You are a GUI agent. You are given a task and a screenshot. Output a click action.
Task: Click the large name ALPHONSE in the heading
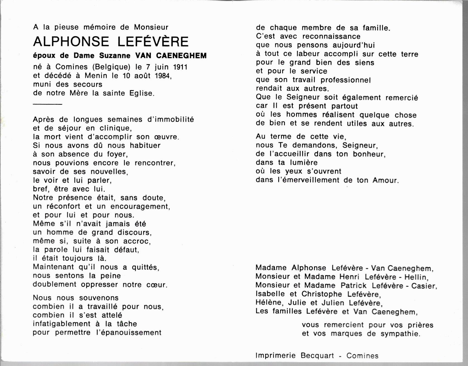(x=71, y=42)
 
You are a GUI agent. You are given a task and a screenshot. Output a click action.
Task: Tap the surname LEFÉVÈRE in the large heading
(x=153, y=41)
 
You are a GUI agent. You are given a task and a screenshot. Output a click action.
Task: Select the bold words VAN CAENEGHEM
(x=171, y=56)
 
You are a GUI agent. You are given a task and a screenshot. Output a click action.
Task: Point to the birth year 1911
(x=180, y=67)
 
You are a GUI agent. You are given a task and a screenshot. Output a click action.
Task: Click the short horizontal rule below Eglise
(x=47, y=104)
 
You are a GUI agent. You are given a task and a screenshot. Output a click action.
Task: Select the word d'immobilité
(x=170, y=120)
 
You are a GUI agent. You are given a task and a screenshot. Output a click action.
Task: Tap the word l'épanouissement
(x=129, y=333)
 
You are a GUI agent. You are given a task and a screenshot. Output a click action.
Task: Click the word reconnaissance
(x=331, y=37)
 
